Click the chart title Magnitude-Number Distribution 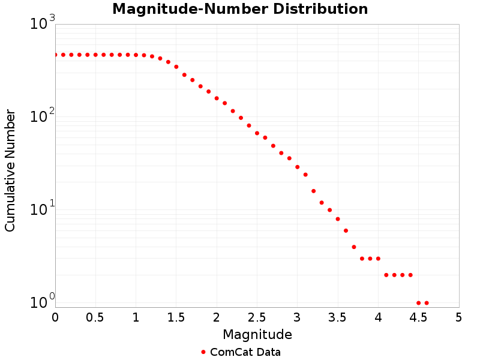[x=240, y=10]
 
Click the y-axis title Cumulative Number [x=10, y=170]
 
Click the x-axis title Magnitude [x=257, y=334]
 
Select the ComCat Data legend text [x=245, y=352]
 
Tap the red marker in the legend [x=203, y=352]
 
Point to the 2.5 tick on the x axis [x=257, y=317]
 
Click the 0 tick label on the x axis [x=55, y=317]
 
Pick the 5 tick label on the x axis [x=459, y=317]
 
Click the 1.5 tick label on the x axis [x=176, y=317]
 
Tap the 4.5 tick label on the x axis [x=418, y=317]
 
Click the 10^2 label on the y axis [x=43, y=116]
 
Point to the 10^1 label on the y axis [x=43, y=209]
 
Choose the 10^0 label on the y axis [x=43, y=302]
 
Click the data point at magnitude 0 [x=55, y=55]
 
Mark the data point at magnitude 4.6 [x=427, y=303]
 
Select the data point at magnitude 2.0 [x=217, y=98]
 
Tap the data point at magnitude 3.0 [x=298, y=167]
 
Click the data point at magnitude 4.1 [x=386, y=275]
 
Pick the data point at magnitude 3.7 [x=354, y=247]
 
